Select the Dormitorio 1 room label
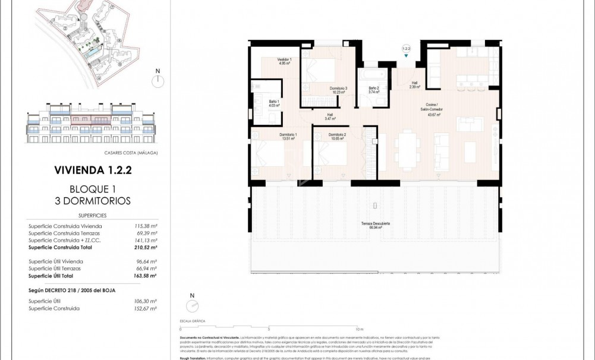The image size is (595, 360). (288, 136)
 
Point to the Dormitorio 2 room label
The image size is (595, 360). (337, 136)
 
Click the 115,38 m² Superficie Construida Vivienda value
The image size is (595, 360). (145, 226)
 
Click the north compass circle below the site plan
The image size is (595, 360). (158, 81)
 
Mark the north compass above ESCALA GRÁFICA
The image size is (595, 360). (192, 305)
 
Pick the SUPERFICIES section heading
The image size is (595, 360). (92, 216)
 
